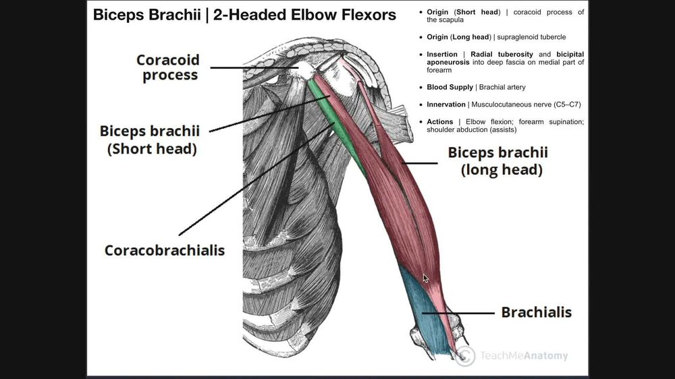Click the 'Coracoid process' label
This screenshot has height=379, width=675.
pyautogui.click(x=167, y=67)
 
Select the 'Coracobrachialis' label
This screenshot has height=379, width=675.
pyautogui.click(x=164, y=250)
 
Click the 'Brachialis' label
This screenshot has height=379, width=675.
pyautogui.click(x=536, y=312)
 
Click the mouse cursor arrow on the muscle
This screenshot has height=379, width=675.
pyautogui.click(x=425, y=278)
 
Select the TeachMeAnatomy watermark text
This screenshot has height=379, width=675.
pyautogui.click(x=523, y=355)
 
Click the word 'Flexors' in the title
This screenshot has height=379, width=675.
pyautogui.click(x=362, y=15)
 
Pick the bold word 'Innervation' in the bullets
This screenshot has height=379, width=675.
pyautogui.click(x=446, y=105)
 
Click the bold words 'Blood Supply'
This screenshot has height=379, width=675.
pyautogui.click(x=450, y=87)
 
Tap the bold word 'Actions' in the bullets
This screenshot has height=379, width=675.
pyautogui.click(x=439, y=122)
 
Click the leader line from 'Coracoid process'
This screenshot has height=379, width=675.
pyautogui.click(x=253, y=67)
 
